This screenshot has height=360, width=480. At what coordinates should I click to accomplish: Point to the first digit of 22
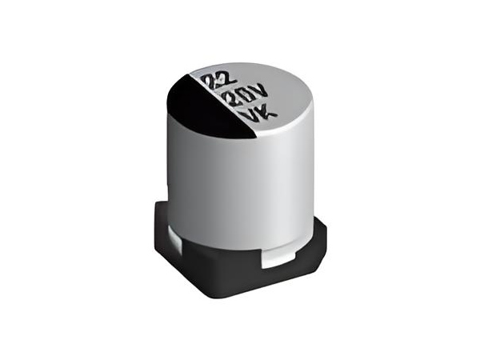(x=212, y=82)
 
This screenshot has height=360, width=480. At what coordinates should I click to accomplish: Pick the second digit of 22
(x=227, y=79)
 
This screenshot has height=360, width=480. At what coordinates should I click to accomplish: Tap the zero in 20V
(x=246, y=96)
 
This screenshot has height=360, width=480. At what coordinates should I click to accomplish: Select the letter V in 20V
(x=261, y=93)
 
